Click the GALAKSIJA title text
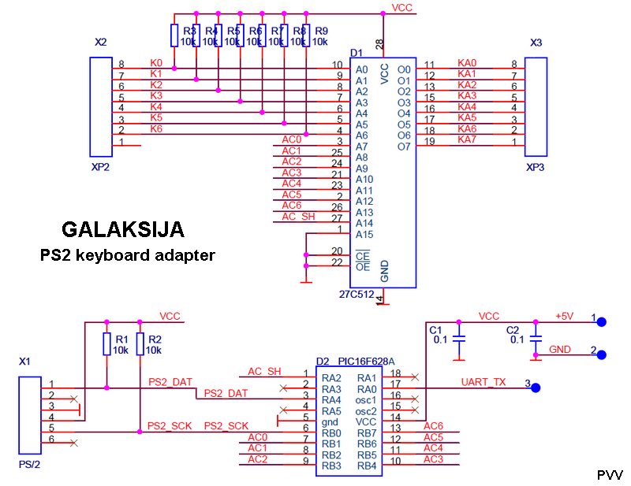pos(123,230)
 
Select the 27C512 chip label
pos(357,295)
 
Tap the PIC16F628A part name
pos(367,362)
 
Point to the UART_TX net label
pos(484,382)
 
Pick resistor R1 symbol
pos(106,344)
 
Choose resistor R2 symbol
pos(139,344)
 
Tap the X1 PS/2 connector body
pos(29,417)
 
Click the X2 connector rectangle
pos(100,106)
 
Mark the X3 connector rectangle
pos(536,106)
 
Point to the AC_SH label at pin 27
pos(298,217)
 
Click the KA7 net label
pos(467,139)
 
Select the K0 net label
pos(156,62)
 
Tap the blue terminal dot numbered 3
pos(535,388)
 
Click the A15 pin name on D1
pos(364,235)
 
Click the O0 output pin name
pos(404,69)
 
